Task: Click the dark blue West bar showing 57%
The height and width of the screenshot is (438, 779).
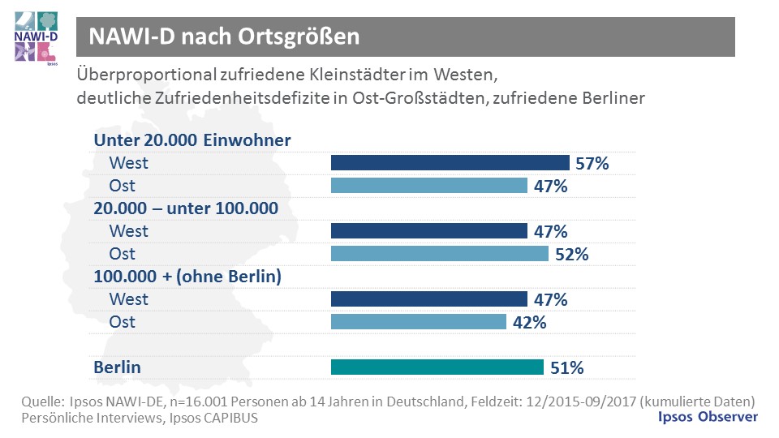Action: [x=450, y=163]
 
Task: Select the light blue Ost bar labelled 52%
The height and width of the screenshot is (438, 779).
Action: [x=440, y=254]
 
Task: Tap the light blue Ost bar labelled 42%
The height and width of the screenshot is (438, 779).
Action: [x=419, y=322]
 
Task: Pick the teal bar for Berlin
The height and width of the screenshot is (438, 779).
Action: [x=437, y=367]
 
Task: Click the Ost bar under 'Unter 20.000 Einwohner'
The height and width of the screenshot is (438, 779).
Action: [x=429, y=186]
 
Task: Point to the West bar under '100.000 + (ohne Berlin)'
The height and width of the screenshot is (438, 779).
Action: [x=429, y=299]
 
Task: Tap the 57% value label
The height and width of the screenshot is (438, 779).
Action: [x=592, y=164]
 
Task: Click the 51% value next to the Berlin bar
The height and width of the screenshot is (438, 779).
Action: [x=566, y=368]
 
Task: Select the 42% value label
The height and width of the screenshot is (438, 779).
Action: [x=529, y=323]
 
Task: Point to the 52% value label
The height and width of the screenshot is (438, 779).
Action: [x=571, y=255]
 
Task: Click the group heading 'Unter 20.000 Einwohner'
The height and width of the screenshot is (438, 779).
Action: [x=192, y=140]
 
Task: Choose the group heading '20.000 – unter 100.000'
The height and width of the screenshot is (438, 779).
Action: [x=186, y=208]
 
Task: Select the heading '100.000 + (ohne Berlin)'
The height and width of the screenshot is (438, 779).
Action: [x=187, y=277]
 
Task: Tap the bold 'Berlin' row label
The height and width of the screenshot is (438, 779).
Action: [x=117, y=367]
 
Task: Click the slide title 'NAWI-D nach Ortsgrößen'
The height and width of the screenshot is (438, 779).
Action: [x=224, y=36]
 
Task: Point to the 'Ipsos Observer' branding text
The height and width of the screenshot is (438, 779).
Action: [x=707, y=416]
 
